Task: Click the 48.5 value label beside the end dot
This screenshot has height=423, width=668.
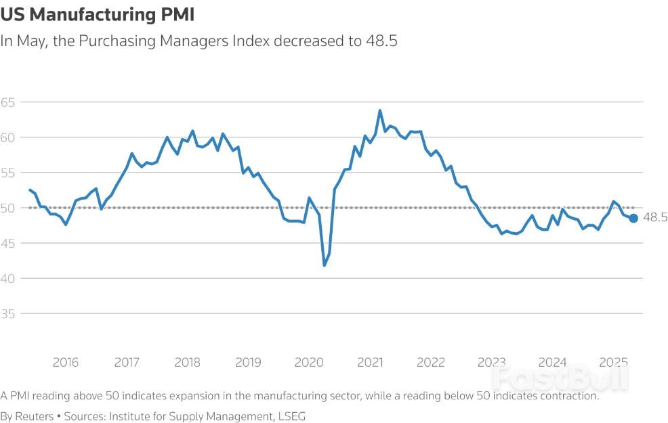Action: point(655,217)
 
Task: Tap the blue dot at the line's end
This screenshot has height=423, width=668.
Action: point(633,218)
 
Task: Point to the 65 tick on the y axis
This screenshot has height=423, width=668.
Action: point(9,102)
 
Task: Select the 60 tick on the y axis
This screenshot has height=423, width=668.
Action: point(9,137)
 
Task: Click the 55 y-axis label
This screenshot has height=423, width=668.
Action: point(9,173)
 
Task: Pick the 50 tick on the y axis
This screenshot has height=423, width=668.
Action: point(9,208)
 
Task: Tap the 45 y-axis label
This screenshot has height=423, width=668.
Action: point(9,243)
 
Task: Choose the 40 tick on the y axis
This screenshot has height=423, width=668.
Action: point(9,278)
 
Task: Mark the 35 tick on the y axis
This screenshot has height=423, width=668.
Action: point(9,313)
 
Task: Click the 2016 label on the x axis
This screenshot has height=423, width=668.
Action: point(66,362)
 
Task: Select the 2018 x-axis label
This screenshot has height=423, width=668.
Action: point(188,362)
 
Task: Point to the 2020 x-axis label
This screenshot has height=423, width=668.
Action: point(309,362)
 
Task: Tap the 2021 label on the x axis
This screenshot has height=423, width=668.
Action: point(370,362)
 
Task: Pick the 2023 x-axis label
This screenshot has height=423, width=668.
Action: point(492,362)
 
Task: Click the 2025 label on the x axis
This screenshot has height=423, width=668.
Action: point(613,362)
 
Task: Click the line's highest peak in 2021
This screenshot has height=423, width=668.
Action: point(380,110)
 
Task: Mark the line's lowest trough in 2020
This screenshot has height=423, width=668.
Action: point(325,265)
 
